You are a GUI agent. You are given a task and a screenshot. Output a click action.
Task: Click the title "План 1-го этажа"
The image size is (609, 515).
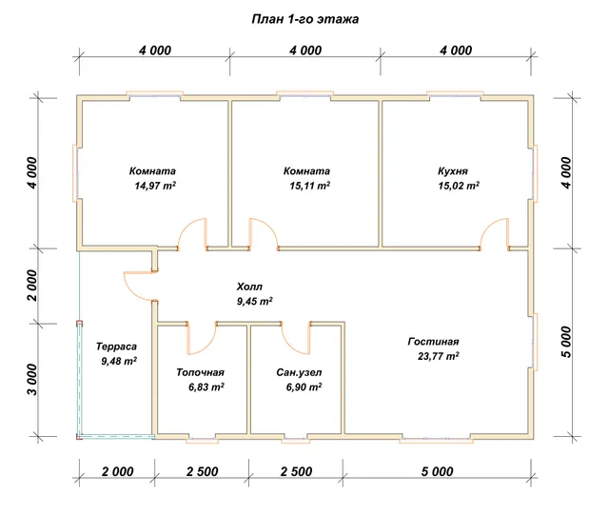(304, 19)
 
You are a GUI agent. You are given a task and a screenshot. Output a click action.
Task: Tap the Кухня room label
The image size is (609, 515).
(453, 171)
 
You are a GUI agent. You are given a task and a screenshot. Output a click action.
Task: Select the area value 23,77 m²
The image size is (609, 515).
(439, 356)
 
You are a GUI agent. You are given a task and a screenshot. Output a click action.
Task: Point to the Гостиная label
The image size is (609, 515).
(434, 341)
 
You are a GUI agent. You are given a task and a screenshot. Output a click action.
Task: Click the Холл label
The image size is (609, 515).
(249, 287)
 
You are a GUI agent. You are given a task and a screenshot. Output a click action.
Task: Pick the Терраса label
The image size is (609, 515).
(116, 347)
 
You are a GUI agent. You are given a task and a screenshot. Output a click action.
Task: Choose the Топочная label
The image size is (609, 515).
(201, 372)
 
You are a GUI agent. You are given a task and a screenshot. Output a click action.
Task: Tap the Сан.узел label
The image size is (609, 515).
(299, 372)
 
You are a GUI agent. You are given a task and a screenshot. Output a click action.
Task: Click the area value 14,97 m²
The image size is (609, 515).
(155, 186)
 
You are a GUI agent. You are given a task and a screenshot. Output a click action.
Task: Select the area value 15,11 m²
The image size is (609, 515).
(310, 186)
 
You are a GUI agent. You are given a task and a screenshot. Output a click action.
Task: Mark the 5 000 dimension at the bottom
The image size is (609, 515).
(438, 471)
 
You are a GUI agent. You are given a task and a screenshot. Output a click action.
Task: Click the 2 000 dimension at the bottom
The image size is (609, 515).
(118, 471)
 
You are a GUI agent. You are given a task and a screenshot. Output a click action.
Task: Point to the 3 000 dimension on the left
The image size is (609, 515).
(32, 380)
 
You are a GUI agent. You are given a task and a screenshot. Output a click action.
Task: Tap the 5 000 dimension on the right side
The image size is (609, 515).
(567, 342)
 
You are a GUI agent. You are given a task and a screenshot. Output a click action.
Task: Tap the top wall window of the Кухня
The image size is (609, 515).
(455, 94)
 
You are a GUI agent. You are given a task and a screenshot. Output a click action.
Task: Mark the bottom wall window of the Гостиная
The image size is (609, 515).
(436, 439)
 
